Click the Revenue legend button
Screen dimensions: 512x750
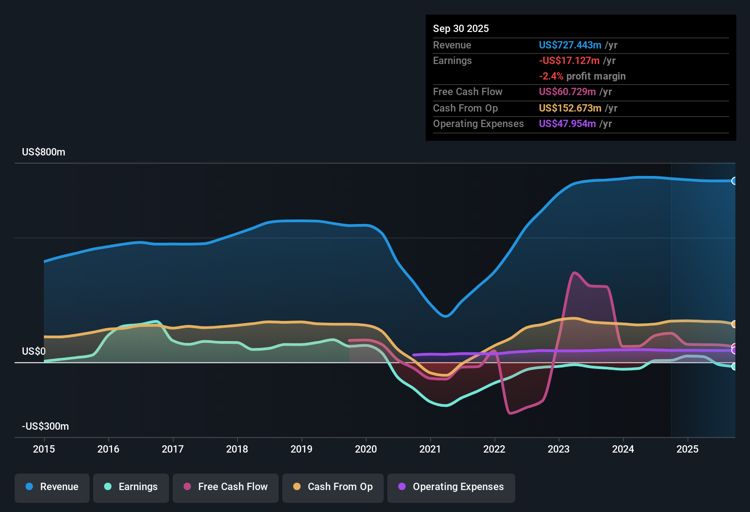52,487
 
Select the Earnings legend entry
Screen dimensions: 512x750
131,487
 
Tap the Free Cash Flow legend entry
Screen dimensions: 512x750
226,487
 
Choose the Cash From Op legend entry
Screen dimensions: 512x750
333,487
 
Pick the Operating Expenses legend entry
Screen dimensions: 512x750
451,487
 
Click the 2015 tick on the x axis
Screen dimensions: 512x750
44,449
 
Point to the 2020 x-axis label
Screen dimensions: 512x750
366,449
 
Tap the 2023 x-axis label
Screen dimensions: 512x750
559,449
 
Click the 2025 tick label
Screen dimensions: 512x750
687,449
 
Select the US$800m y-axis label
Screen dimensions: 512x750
43,152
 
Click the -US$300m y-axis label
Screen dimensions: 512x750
45,427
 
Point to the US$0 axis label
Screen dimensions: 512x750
34,351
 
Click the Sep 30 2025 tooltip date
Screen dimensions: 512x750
461,28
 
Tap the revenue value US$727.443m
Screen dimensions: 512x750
570,45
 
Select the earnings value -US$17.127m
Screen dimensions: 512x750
569,60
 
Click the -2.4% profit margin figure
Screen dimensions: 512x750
551,76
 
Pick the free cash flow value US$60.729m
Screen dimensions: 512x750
567,91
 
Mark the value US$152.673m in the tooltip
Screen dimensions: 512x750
570,108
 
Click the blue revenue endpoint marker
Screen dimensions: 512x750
734,181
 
